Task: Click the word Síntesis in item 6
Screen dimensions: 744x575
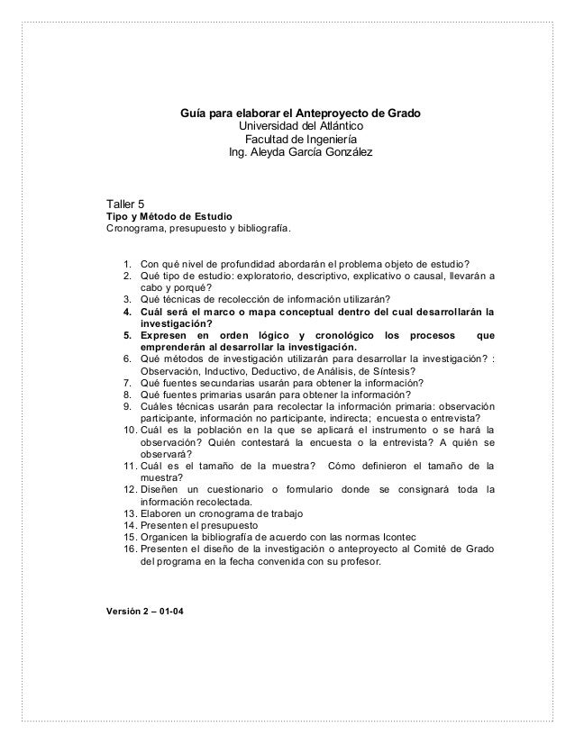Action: [x=392, y=371]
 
